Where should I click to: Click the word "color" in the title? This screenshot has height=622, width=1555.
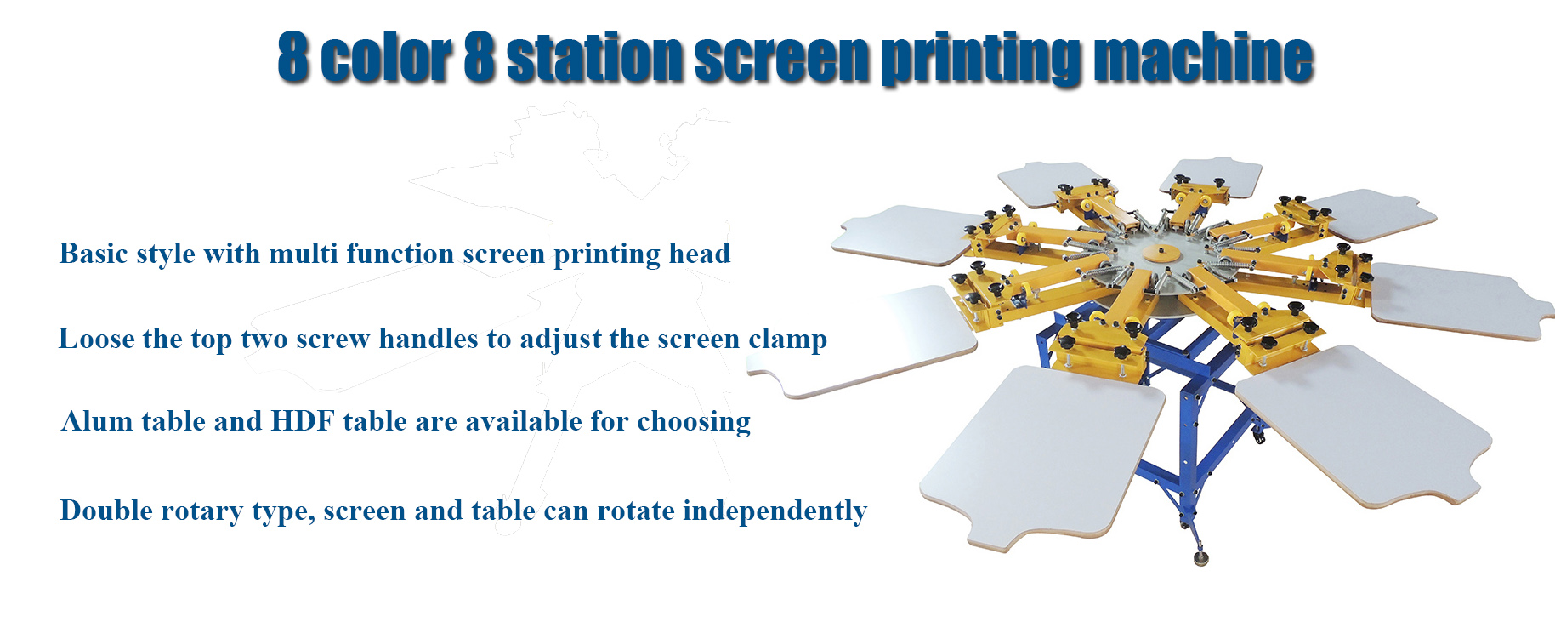[387, 58]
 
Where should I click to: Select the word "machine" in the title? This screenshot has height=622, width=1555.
[1203, 58]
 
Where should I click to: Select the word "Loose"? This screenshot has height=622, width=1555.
[96, 339]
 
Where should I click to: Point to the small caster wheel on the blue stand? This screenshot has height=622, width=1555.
[1257, 438]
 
